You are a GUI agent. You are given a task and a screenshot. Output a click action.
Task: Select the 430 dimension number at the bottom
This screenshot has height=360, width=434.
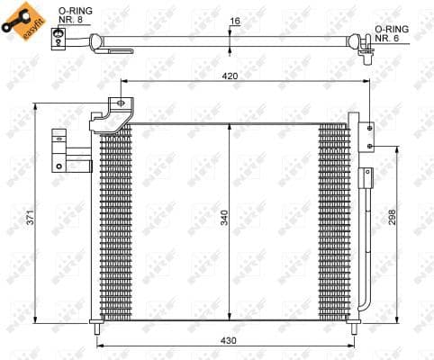point(231,340)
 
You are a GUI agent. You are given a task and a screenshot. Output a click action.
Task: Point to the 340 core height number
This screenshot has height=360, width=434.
point(224,217)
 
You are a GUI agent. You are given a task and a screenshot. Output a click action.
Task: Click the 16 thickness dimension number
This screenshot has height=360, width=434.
point(235,21)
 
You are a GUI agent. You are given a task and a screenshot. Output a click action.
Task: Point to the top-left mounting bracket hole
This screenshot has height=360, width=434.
point(118,104)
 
